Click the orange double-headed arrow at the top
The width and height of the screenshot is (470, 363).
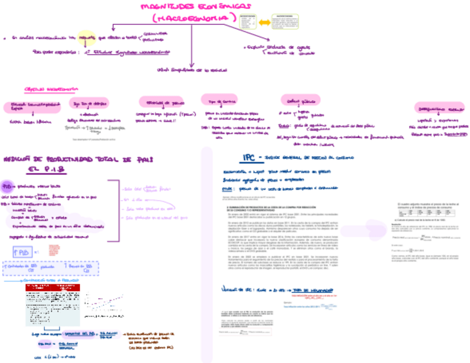pyautogui.click(x=265, y=22)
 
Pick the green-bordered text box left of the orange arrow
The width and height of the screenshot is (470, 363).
pyautogui.click(x=248, y=22)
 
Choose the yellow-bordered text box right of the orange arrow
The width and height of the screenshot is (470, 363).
pyautogui.click(x=284, y=21)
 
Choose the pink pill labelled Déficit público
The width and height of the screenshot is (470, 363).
pyautogui.click(x=297, y=101)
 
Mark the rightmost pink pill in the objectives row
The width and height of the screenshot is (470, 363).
pyautogui.click(x=440, y=108)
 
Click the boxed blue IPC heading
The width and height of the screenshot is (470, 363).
pyautogui.click(x=252, y=158)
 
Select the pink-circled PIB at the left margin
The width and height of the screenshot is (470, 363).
pyautogui.click(x=8, y=186)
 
